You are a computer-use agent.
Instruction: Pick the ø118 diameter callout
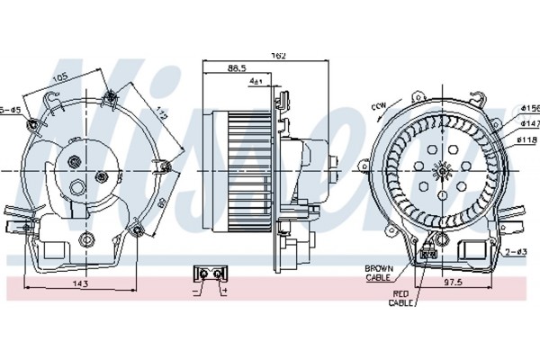tap(526, 139)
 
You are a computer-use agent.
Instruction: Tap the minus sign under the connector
tap(196, 291)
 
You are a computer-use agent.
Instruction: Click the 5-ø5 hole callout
tap(12, 109)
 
